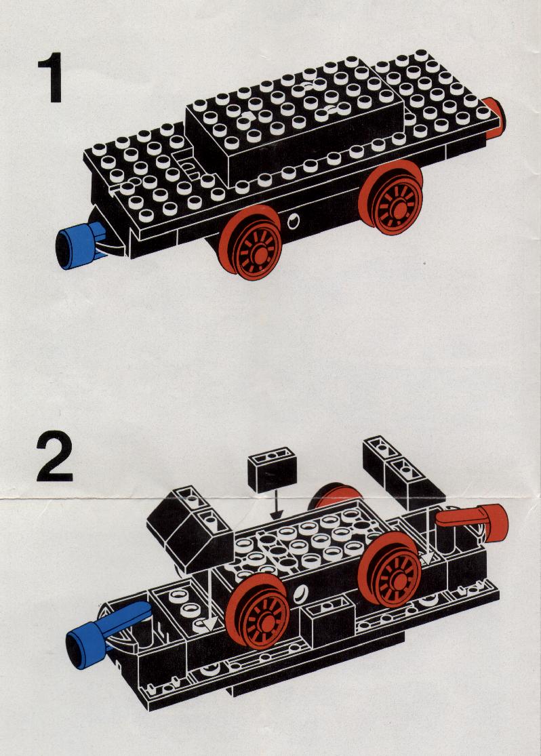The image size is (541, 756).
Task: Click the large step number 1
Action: coord(52,77)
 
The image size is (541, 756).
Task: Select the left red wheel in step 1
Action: coord(250,243)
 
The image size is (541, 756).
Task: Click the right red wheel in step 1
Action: coord(391,198)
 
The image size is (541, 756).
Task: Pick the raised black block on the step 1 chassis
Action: coord(295,121)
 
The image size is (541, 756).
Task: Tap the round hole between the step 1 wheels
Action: coord(293,221)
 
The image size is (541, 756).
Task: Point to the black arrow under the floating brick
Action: coord(276,506)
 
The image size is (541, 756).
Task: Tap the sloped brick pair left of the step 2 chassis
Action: coord(190,526)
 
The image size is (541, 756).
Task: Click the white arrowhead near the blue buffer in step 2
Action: coord(209,624)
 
